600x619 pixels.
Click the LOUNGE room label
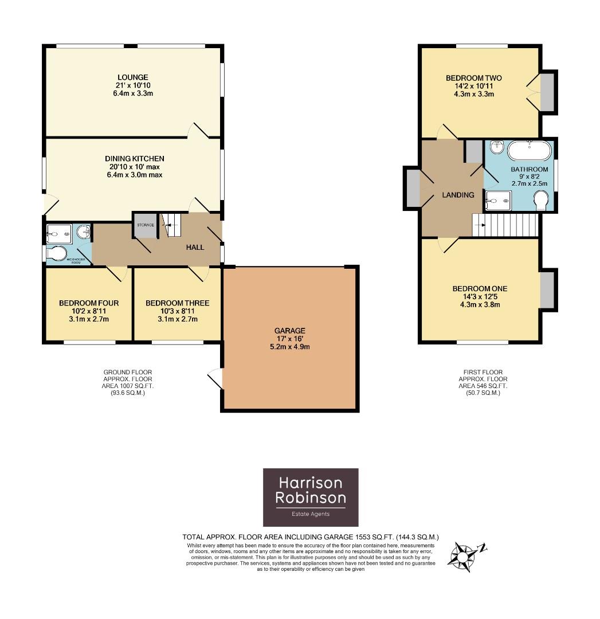132,77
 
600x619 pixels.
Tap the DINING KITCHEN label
134,159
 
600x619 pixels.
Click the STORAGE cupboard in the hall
145,225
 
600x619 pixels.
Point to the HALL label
195,247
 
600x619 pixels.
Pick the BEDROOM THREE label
177,303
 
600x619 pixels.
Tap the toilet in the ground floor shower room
58,253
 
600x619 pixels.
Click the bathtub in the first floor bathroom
530,151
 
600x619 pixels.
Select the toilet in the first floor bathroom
542,201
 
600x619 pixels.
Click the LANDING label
458,195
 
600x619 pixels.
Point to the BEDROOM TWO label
473,78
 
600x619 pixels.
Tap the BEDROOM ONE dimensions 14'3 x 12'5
480,296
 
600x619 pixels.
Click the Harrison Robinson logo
311,497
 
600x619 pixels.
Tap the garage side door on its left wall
215,378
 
